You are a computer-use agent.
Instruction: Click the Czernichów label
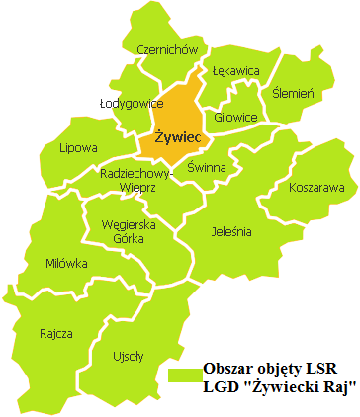click(160, 50)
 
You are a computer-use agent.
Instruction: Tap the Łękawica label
click(235, 71)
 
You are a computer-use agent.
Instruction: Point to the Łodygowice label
click(131, 102)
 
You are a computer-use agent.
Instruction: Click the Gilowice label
click(234, 118)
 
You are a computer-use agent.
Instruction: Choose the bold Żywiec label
click(177, 136)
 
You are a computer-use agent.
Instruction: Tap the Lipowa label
click(78, 149)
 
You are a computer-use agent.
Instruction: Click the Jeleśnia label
click(231, 232)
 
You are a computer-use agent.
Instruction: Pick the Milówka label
click(66, 263)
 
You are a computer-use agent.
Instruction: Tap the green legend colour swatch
click(182, 376)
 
